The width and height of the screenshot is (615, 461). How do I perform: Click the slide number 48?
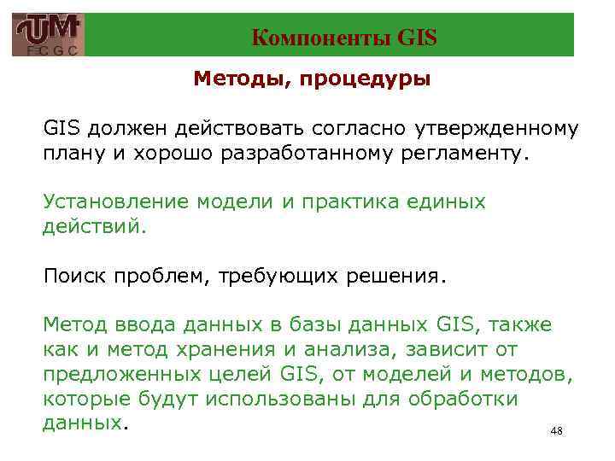point(556,432)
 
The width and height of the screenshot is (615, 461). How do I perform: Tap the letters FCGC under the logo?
point(49,51)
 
